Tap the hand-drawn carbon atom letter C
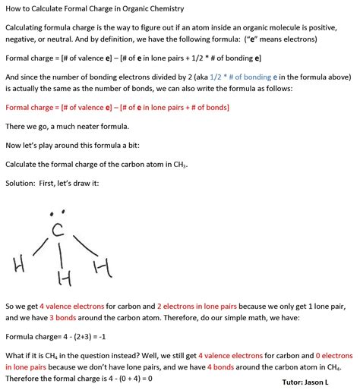pyautogui.click(x=55, y=229)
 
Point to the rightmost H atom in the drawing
pyautogui.click(x=103, y=266)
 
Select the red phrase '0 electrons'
pyautogui.click(x=333, y=355)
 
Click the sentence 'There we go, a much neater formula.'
pyautogui.click(x=69, y=126)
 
